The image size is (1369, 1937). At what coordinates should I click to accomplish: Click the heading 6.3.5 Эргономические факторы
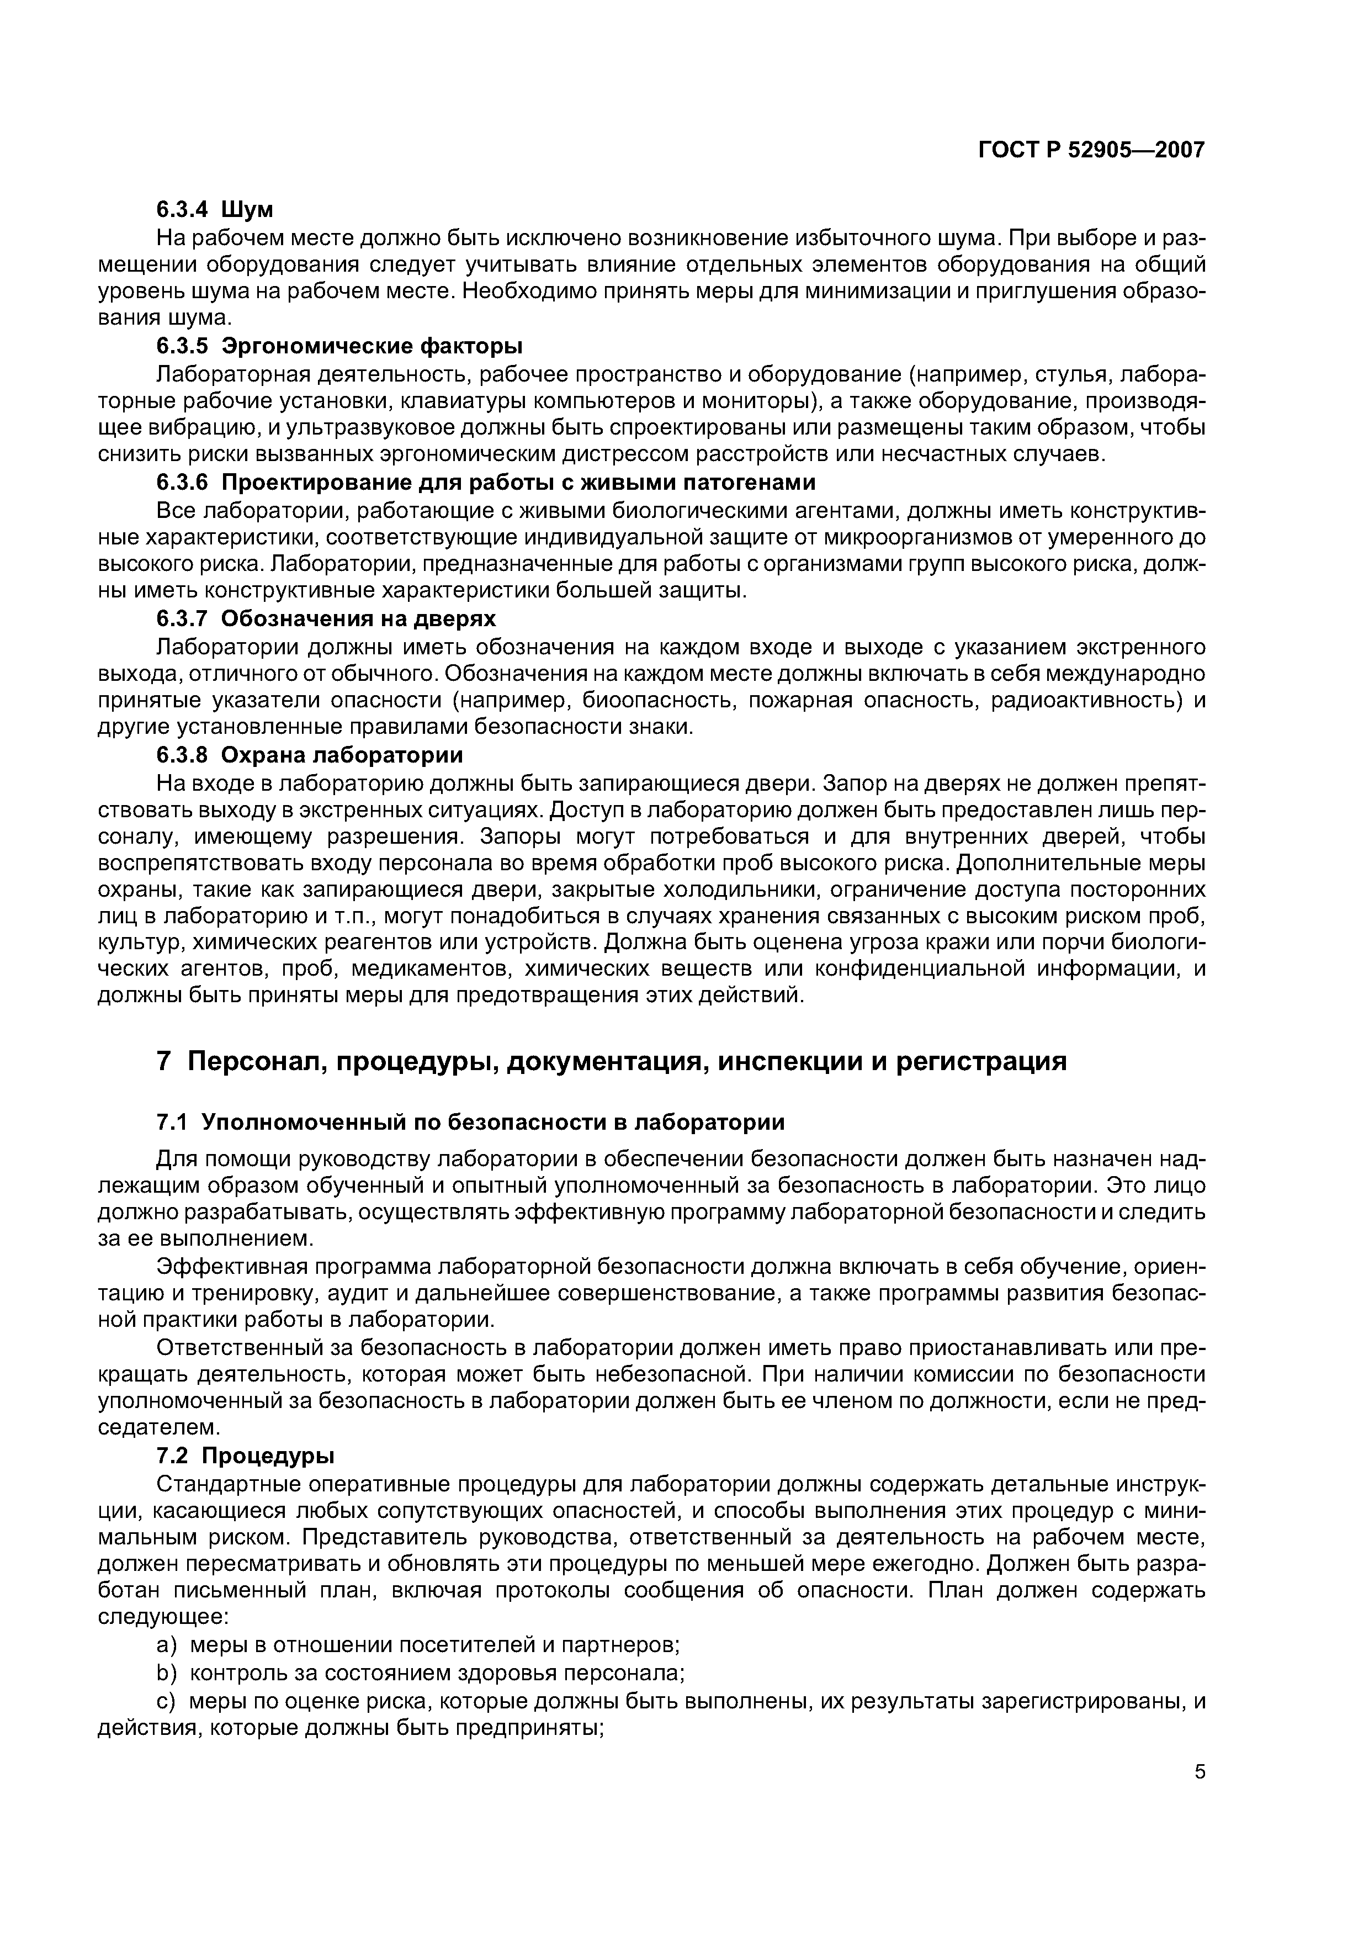[x=339, y=346]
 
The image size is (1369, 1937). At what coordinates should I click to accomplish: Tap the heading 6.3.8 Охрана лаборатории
[x=310, y=754]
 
